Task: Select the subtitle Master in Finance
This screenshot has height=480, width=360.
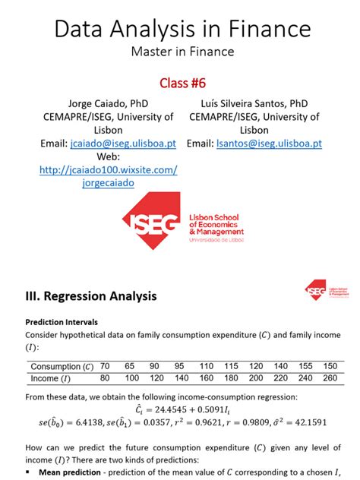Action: pos(181,52)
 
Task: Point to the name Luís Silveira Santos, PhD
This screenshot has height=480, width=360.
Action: pos(254,103)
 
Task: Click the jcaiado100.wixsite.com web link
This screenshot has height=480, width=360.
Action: pos(108,170)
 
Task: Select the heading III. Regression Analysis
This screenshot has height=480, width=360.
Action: pos(91,296)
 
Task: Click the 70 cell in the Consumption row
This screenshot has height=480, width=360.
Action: pos(106,366)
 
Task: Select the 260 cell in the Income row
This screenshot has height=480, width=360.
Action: pos(327,377)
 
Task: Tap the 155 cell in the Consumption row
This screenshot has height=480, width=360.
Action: pos(305,366)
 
